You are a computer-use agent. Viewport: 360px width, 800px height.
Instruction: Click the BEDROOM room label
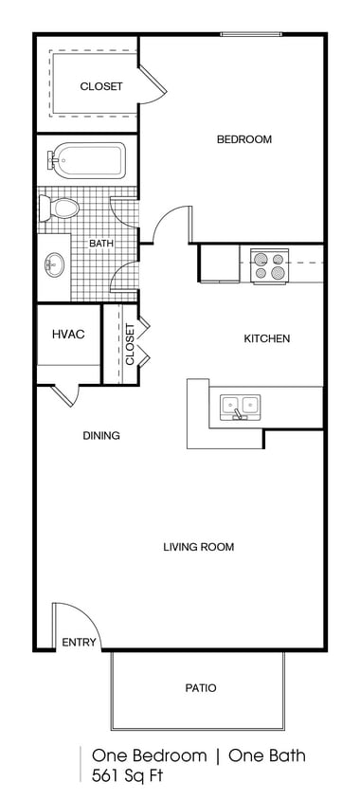click(x=243, y=139)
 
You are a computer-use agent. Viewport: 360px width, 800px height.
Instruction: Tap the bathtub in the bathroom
click(x=86, y=160)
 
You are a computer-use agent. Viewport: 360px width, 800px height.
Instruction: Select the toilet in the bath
click(x=63, y=208)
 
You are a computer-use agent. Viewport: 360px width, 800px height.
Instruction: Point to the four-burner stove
click(x=268, y=264)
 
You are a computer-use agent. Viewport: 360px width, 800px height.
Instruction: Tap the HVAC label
click(x=68, y=334)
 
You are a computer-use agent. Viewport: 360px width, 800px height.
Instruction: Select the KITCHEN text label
click(x=266, y=338)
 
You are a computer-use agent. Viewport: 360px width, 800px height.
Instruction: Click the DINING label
click(x=100, y=436)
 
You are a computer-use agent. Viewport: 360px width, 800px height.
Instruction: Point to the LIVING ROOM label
click(x=198, y=547)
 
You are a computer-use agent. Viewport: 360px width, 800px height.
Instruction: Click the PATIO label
click(x=199, y=688)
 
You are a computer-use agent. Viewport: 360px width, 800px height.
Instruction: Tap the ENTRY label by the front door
click(x=79, y=643)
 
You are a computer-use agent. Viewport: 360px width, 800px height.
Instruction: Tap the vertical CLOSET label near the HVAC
click(x=129, y=344)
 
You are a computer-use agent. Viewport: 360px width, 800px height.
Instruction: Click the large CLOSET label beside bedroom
click(x=100, y=86)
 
